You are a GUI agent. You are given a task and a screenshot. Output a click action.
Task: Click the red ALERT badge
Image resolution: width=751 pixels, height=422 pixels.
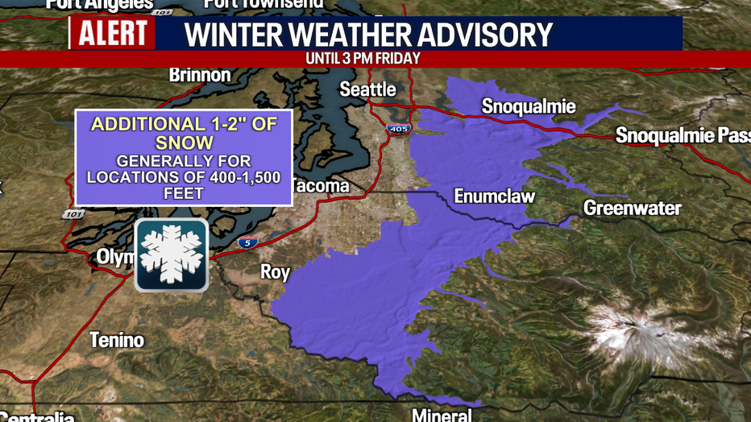click(112, 33)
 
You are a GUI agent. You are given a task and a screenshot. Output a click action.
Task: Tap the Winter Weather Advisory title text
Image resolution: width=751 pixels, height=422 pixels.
click(369, 35)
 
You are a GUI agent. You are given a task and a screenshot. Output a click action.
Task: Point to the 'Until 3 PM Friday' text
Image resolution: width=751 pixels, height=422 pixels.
click(363, 59)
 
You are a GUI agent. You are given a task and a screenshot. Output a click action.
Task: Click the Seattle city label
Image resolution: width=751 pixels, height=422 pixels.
click(367, 89)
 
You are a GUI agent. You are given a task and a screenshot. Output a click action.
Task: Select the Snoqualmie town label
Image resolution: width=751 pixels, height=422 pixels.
click(529, 107)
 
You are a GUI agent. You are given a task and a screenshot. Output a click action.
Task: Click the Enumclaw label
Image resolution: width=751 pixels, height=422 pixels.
click(494, 197)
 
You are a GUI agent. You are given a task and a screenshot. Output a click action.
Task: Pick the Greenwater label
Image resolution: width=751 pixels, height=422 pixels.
click(633, 209)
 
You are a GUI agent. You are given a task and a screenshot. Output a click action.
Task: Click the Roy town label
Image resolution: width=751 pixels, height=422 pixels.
click(275, 272)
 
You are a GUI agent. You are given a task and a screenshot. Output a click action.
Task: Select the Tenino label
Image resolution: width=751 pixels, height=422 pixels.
click(117, 340)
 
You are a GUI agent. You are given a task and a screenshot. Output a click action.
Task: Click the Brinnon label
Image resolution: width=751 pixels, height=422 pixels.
click(200, 76)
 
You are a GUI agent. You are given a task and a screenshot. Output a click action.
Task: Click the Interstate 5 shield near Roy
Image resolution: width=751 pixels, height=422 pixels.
click(249, 242)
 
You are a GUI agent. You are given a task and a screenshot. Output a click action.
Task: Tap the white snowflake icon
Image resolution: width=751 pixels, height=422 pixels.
click(171, 254)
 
